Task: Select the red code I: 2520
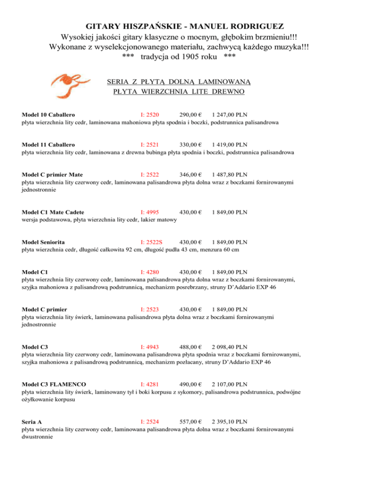149,115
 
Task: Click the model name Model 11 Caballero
48,144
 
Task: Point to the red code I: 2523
149,309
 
